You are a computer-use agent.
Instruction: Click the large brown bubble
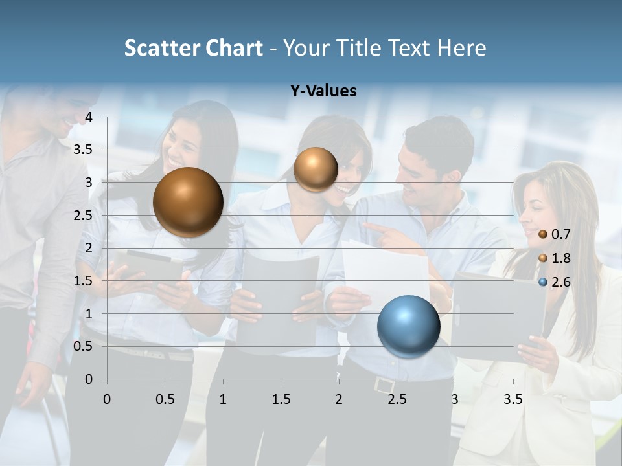188,202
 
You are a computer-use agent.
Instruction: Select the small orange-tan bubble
316,169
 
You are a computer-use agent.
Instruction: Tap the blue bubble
408,326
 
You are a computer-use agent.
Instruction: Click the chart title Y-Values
323,91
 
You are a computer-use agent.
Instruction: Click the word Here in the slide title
461,48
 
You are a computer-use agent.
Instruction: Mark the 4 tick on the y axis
89,116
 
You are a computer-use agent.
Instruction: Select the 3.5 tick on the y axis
84,150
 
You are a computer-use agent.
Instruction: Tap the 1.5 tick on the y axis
84,281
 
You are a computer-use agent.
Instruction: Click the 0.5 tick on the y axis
84,346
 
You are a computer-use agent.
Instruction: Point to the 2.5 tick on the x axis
397,399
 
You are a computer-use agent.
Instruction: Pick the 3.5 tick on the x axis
513,399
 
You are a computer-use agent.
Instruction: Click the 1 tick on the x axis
223,399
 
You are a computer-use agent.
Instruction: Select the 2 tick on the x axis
339,399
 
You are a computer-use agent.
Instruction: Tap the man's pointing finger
368,226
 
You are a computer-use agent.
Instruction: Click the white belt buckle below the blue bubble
384,385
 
